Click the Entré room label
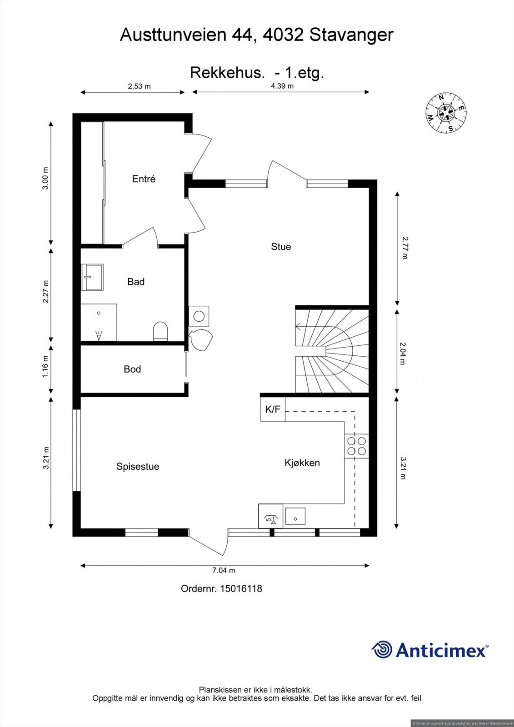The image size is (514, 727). [144, 179]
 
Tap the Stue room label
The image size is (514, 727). [281, 247]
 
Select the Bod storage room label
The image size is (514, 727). [132, 369]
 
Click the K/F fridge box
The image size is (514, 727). [273, 409]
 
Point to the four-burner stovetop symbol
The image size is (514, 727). [356, 446]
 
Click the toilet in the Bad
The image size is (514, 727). [160, 331]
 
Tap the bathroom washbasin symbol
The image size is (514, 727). [92, 277]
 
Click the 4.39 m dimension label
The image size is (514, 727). [282, 86]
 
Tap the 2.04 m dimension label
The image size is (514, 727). [402, 354]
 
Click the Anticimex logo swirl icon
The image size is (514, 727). [382, 649]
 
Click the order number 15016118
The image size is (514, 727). [241, 589]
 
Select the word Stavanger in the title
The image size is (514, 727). [351, 35]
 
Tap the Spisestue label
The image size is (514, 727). [138, 467]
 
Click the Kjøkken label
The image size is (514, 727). [302, 463]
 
